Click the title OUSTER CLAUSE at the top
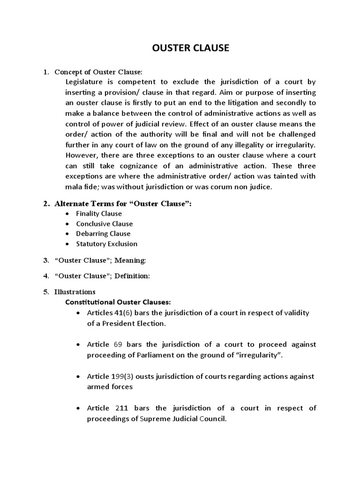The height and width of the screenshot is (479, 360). pyautogui.click(x=191, y=48)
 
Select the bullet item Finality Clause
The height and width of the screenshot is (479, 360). pyautogui.click(x=99, y=213)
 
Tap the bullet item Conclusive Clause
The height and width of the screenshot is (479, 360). pyautogui.click(x=105, y=224)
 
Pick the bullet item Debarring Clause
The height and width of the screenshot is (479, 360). pyautogui.click(x=103, y=233)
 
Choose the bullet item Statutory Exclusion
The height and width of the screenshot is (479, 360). pyautogui.click(x=107, y=244)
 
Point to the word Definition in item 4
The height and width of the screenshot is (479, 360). pyautogui.click(x=134, y=276)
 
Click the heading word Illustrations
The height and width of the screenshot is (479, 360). pyautogui.click(x=75, y=292)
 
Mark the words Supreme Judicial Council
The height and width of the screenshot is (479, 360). pyautogui.click(x=183, y=419)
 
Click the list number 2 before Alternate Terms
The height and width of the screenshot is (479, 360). pyautogui.click(x=46, y=203)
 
